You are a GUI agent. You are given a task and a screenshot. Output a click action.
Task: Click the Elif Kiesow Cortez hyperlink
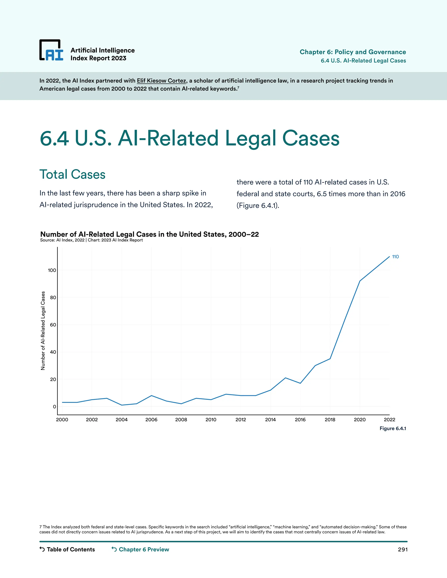[161, 81]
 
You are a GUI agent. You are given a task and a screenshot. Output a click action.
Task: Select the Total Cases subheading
[72, 174]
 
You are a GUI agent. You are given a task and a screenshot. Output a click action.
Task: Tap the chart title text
[149, 234]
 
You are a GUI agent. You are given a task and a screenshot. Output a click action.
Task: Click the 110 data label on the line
[395, 257]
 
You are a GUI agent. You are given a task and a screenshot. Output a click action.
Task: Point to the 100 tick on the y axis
[52, 270]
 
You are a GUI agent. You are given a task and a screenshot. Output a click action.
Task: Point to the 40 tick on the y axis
[53, 352]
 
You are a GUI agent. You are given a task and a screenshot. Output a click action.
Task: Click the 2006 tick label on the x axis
[151, 420]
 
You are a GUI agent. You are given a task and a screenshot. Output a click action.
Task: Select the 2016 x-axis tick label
[300, 420]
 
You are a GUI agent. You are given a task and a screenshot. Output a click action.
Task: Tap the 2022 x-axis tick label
[389, 420]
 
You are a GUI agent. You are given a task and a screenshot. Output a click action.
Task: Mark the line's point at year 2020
[360, 281]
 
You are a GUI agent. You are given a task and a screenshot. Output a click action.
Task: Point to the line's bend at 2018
[330, 359]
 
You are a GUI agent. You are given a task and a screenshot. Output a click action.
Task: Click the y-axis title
[43, 331]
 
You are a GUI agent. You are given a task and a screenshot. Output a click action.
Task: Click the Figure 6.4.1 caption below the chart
[393, 428]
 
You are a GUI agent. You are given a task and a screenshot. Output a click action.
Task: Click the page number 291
[402, 550]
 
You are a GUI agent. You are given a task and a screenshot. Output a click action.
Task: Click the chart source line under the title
[91, 240]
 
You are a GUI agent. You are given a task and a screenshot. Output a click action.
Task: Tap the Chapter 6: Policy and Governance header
[353, 52]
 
